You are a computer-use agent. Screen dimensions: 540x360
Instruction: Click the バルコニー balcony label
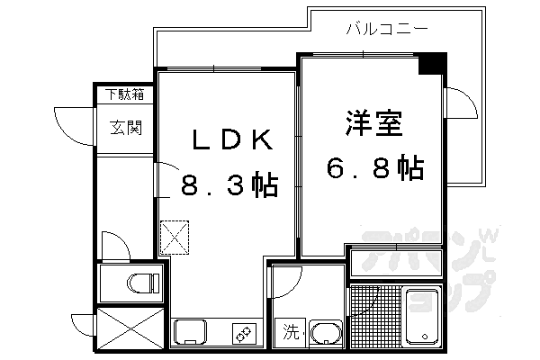[x=387, y=29]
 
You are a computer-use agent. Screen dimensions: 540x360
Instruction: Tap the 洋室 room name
[x=374, y=123]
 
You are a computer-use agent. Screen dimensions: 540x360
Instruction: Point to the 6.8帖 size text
[x=375, y=168]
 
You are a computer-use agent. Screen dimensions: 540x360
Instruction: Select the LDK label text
[x=233, y=139]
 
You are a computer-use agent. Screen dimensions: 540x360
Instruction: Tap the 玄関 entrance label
[x=126, y=128]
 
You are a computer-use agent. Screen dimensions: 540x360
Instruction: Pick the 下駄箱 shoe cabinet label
[x=125, y=94]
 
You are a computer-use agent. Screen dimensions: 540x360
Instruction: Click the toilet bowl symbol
[x=143, y=283]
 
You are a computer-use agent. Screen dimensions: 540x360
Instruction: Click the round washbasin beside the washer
[x=326, y=333]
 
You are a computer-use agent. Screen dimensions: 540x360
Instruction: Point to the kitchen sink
[x=190, y=332]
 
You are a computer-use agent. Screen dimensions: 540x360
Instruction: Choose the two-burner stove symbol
[x=244, y=334]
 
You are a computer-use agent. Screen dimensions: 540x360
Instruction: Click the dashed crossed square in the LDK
[x=175, y=238]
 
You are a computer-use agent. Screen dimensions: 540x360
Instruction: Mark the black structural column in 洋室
[x=432, y=64]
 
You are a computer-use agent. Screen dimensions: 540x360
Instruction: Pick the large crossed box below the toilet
[x=130, y=328]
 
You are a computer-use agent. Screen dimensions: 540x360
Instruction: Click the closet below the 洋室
[x=396, y=264]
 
